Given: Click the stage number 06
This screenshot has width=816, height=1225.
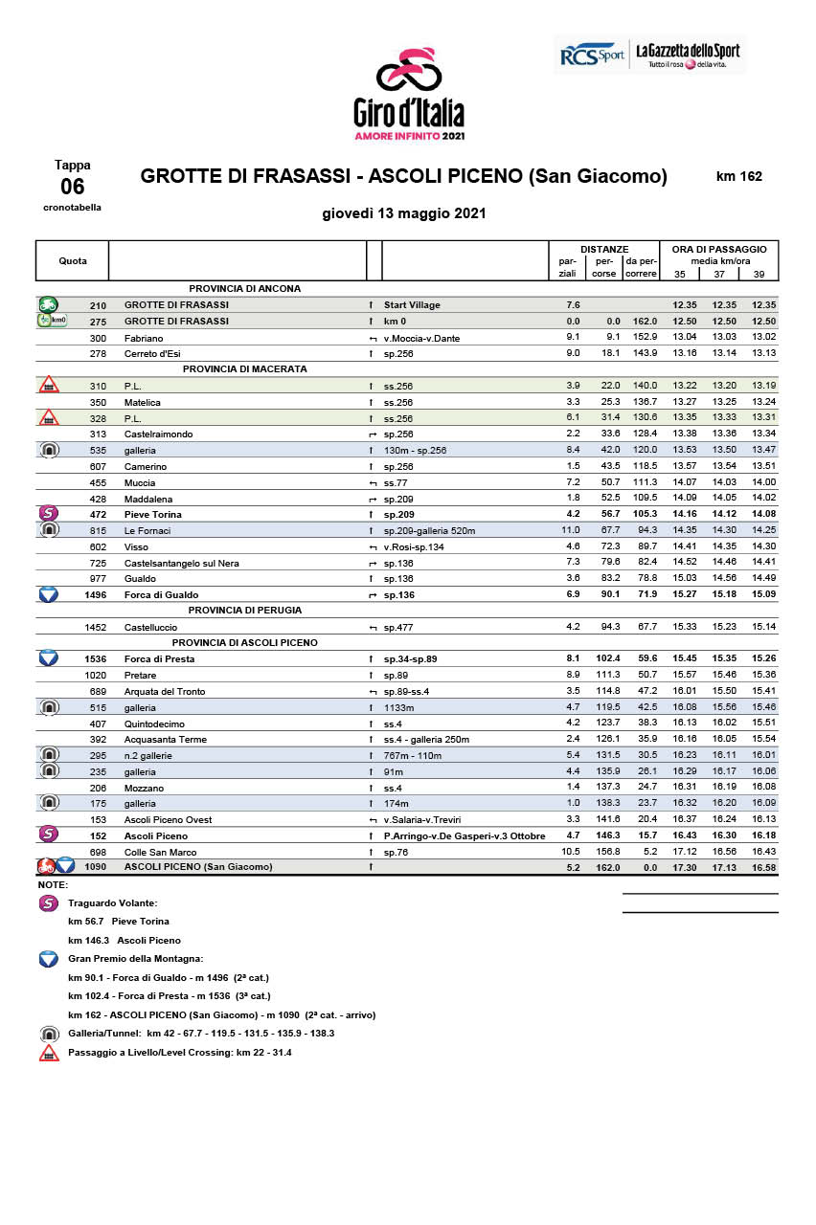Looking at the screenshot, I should click(x=73, y=187).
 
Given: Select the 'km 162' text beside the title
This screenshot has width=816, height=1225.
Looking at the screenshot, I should click(x=739, y=176).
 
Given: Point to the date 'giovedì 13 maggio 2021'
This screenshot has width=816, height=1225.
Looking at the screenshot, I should click(x=404, y=213).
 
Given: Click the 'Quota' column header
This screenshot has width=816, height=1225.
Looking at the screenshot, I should click(x=73, y=260).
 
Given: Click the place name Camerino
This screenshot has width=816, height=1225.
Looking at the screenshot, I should click(x=146, y=466).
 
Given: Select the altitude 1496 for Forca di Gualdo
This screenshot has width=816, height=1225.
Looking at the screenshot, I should click(x=96, y=594).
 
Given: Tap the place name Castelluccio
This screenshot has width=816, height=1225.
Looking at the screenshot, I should click(x=150, y=627).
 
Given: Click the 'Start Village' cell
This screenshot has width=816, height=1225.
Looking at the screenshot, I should click(x=412, y=305).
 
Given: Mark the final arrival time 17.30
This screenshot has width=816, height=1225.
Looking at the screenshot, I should click(x=685, y=867).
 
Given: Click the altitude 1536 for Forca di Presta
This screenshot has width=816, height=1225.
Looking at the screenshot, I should click(x=96, y=659).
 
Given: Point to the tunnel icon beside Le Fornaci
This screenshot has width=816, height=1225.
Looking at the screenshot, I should click(x=48, y=530).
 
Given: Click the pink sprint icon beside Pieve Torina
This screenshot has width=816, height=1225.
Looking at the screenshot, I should click(x=48, y=514).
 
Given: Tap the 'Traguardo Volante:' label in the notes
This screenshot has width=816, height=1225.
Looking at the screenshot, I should click(x=113, y=902).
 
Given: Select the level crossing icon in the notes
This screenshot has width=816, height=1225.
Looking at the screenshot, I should click(x=49, y=1053).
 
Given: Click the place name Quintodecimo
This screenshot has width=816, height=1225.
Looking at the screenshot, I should click(x=154, y=724).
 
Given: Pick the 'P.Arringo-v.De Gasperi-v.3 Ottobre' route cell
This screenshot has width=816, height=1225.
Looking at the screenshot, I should click(x=465, y=835).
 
